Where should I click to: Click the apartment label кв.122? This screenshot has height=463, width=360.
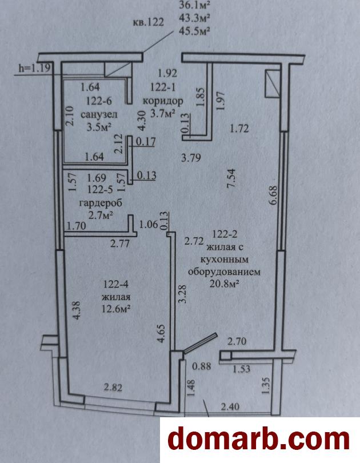(148, 22)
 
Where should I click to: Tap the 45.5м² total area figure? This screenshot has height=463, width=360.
(194, 30)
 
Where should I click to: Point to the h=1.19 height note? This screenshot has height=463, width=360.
(34, 68)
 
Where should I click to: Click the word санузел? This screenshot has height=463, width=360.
(95, 114)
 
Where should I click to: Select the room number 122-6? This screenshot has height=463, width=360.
(99, 101)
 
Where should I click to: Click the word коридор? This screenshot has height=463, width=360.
(163, 101)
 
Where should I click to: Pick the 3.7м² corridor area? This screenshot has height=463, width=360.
(163, 113)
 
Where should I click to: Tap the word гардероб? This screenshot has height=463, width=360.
(101, 203)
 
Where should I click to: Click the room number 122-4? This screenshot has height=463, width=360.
(115, 284)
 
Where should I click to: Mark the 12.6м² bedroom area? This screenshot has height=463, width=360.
(116, 309)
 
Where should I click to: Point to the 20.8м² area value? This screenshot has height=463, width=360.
(224, 284)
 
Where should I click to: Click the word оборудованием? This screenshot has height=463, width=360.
(224, 272)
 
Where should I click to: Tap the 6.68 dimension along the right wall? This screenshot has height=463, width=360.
(273, 195)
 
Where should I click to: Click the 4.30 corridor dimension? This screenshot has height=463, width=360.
(142, 121)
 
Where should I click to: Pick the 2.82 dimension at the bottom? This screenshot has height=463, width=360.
(113, 387)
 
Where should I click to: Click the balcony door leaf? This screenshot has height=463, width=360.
(201, 343)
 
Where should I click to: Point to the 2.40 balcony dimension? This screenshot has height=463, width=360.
(230, 407)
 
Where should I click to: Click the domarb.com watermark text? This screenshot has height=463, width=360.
(259, 440)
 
